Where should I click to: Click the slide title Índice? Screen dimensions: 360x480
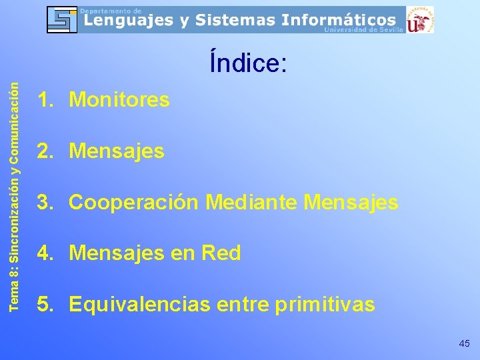pos(248,63)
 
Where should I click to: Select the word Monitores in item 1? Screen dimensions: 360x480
pos(119,100)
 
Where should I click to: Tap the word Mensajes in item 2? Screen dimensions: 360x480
pos(117,151)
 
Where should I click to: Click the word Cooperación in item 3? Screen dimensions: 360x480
pos(134,202)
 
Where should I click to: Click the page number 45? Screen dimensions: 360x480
pos(464,343)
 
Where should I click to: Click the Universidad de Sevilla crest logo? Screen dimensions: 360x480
pos(420,19)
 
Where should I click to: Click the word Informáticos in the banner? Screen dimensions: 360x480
pos(341,20)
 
